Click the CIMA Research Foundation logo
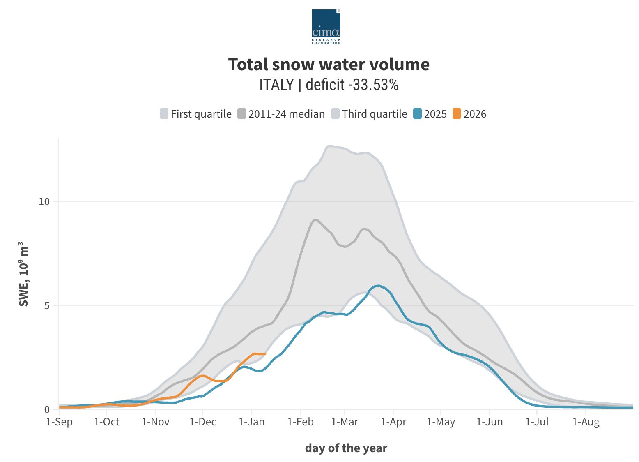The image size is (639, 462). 326,27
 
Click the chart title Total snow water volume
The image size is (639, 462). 329,65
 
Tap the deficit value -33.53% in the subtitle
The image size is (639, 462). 373,85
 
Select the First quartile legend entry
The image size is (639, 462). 196,114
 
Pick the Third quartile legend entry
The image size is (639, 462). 369,114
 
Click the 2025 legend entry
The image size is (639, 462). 430,114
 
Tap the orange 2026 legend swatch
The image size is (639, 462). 457,114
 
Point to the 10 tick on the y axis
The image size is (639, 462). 44,201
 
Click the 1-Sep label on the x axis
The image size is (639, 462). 59,422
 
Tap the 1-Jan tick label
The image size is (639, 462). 251,422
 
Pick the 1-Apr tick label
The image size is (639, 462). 393,422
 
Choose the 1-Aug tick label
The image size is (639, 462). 586,422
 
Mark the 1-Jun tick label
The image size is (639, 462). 490,422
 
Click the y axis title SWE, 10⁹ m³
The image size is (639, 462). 24,274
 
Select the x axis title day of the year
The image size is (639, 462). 346,448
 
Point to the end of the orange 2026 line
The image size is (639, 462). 265,354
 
